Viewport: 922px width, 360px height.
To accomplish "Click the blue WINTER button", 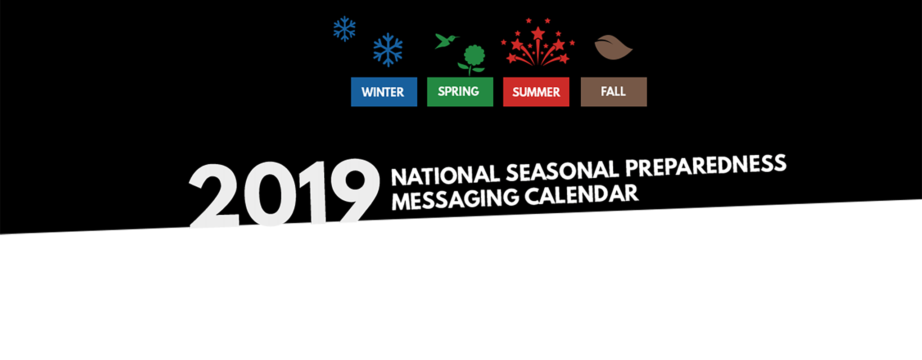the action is click(x=384, y=92).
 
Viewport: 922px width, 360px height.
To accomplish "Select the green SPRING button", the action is click(x=460, y=92).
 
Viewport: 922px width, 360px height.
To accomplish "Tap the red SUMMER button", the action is click(x=536, y=92).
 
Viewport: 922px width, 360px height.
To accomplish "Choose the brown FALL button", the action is click(x=614, y=92).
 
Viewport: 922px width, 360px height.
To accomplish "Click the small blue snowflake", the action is click(x=344, y=29).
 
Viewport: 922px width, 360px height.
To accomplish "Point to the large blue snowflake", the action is click(x=388, y=50).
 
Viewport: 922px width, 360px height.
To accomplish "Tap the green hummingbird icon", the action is click(x=446, y=41).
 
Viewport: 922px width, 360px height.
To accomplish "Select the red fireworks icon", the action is click(x=538, y=43).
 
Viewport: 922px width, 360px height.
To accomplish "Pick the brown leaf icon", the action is click(x=613, y=47).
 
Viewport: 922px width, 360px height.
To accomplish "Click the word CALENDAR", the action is click(x=581, y=194).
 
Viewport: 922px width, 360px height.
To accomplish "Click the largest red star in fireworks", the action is click(x=538, y=33).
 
